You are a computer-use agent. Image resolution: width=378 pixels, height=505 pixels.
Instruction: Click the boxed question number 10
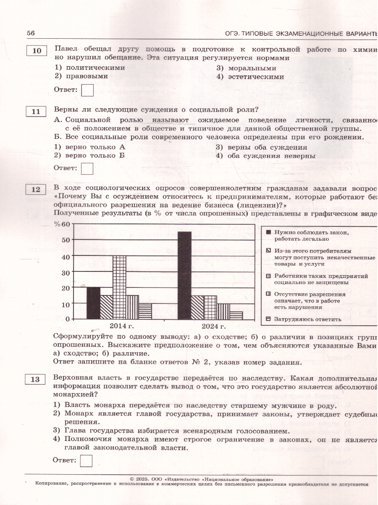coord(37,51)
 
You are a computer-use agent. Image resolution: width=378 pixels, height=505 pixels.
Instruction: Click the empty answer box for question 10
coord(87,90)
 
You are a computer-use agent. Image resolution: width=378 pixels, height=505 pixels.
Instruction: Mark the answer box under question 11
coord(87,168)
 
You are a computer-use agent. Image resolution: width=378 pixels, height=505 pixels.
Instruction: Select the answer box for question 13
coord(86,460)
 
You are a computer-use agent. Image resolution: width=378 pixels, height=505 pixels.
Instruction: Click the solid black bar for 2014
coord(93,303)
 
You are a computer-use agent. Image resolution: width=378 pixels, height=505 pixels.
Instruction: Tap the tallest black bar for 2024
coord(185,275)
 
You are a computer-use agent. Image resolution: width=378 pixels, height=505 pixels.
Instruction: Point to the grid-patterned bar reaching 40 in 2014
coord(119,287)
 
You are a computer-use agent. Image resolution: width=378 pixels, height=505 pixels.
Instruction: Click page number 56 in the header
coord(31,33)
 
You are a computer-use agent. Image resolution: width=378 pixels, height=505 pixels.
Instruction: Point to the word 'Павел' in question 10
coord(66,49)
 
